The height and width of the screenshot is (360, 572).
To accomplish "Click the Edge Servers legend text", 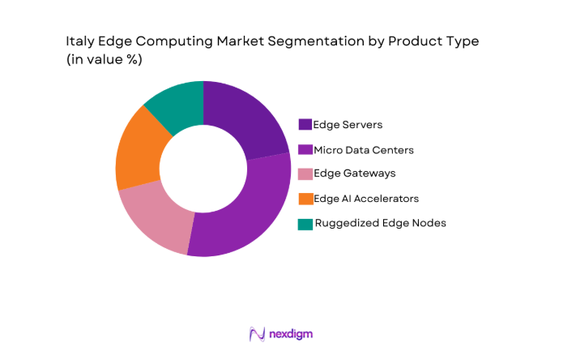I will pyautogui.click(x=348, y=125).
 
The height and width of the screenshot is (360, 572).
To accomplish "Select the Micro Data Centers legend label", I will pyautogui.click(x=364, y=149).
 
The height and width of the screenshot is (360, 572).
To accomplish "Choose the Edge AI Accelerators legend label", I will pyautogui.click(x=366, y=198).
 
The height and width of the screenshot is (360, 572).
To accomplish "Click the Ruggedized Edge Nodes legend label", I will pyautogui.click(x=379, y=223).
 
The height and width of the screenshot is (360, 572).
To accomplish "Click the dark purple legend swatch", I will pyautogui.click(x=305, y=125).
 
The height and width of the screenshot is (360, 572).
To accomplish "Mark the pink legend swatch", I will pyautogui.click(x=305, y=174).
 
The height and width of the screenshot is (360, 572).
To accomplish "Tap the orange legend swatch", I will pyautogui.click(x=305, y=199).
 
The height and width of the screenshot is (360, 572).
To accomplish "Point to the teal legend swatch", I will pyautogui.click(x=305, y=223).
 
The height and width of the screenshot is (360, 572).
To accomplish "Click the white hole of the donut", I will pyautogui.click(x=203, y=169).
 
